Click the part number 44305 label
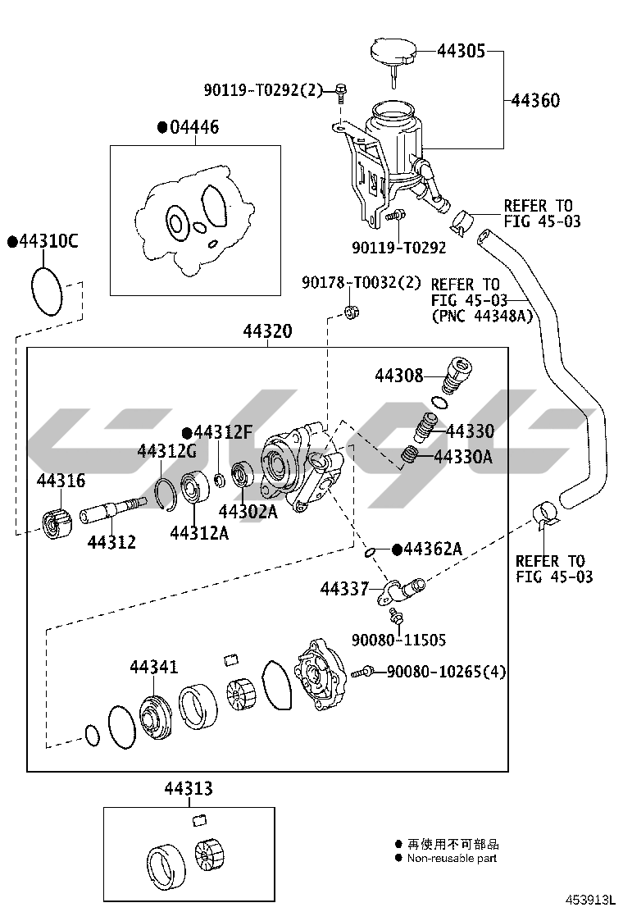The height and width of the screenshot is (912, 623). (x=462, y=51)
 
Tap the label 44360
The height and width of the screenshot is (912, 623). (x=535, y=101)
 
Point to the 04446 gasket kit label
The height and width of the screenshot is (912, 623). (x=194, y=127)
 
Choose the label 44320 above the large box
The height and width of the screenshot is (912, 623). (x=267, y=331)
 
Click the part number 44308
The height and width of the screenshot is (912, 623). (x=399, y=376)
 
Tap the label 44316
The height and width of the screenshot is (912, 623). (x=60, y=481)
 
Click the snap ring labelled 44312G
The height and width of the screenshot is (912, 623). (x=166, y=492)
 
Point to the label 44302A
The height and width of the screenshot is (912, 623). (x=248, y=512)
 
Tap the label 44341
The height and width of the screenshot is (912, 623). (x=153, y=667)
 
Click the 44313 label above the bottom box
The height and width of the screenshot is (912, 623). (x=189, y=789)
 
